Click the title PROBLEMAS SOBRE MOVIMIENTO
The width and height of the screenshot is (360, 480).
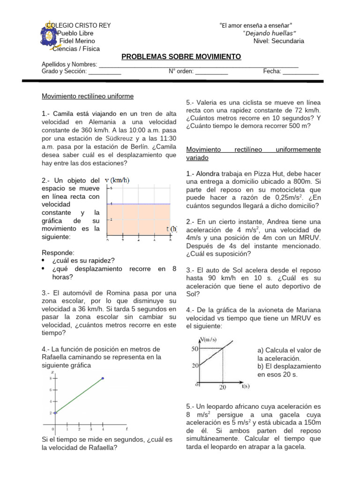pyautogui.click(x=181, y=57)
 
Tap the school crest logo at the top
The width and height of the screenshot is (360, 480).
pyautogui.click(x=48, y=35)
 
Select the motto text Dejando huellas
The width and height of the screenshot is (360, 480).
pyautogui.click(x=270, y=33)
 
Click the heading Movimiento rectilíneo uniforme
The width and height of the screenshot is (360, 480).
pyautogui.click(x=88, y=96)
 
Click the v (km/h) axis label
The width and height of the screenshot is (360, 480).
pyautogui.click(x=117, y=180)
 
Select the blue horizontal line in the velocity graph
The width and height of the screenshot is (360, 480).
pyautogui.click(x=141, y=204)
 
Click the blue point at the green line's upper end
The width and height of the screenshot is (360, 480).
pyautogui.click(x=103, y=378)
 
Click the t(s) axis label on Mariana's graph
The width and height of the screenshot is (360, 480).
pyautogui.click(x=245, y=387)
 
